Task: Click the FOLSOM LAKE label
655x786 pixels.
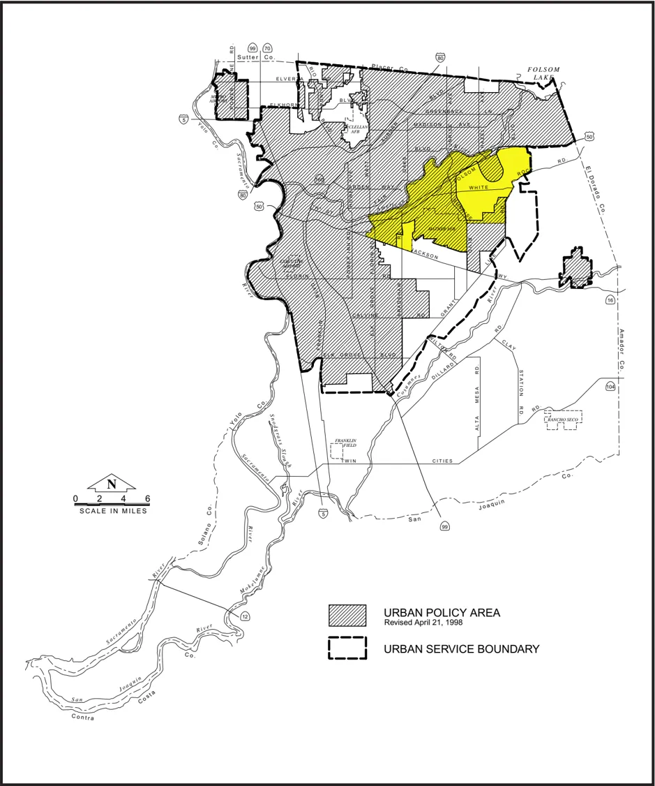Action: click(544, 74)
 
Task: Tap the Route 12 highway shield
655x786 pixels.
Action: click(245, 616)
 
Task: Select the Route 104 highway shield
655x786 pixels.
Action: click(611, 386)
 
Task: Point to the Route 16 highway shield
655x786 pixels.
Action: click(610, 300)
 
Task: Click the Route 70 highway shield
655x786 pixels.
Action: click(267, 48)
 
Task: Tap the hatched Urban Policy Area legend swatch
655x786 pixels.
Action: click(347, 615)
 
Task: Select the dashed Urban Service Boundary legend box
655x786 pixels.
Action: click(347, 648)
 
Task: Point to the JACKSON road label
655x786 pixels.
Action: click(426, 254)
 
